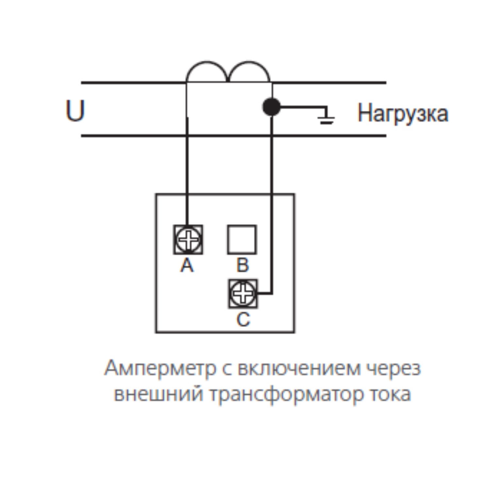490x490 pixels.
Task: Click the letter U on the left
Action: pyautogui.click(x=75, y=111)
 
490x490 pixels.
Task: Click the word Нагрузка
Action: pyautogui.click(x=402, y=114)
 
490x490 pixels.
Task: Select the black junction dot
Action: pyautogui.click(x=271, y=107)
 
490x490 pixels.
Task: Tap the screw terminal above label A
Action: pyautogui.click(x=188, y=239)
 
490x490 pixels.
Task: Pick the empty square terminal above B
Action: pyautogui.click(x=242, y=239)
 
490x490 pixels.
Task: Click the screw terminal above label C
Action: pyautogui.click(x=243, y=293)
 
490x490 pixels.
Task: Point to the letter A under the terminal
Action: pyautogui.click(x=187, y=265)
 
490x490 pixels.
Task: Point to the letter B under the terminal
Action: pyautogui.click(x=242, y=265)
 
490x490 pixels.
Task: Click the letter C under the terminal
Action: pyautogui.click(x=243, y=319)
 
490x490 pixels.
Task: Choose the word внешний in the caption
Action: pyautogui.click(x=159, y=394)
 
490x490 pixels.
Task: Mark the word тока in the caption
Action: pyautogui.click(x=390, y=394)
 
